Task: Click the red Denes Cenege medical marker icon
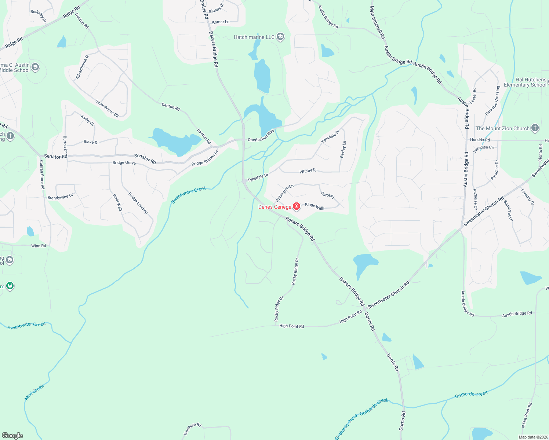coord(297,207)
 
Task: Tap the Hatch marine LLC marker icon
coord(280,37)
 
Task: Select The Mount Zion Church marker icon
coord(535,128)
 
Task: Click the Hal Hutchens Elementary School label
coord(525,82)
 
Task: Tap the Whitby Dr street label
coord(308,171)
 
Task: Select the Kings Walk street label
coord(315,206)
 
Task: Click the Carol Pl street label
coord(327,195)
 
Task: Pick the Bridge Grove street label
coord(124,163)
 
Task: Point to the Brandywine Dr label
coord(60,197)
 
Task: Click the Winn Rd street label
coord(39,246)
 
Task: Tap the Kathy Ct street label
coord(87,120)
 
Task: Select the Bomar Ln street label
coord(221,22)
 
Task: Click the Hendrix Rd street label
coord(480,140)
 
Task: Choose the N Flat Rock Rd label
coord(527,415)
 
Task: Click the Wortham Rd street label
coord(193,429)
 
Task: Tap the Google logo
coord(12,436)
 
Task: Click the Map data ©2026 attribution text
coord(533,437)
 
